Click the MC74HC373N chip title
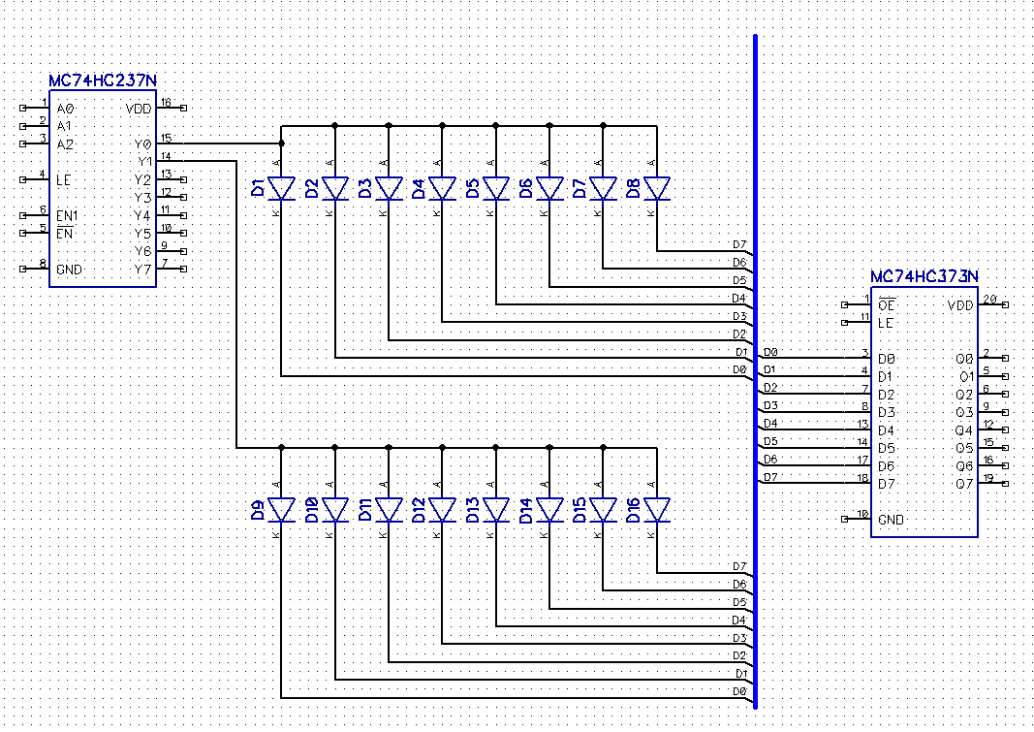tap(924, 277)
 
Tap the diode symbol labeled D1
tap(281, 188)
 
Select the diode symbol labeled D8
tap(657, 188)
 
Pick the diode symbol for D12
tap(442, 509)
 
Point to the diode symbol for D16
tap(657, 509)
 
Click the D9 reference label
tap(258, 511)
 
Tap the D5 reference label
tap(472, 188)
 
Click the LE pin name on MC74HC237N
tap(63, 179)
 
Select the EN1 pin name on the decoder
tap(67, 215)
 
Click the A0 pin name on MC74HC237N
tap(65, 109)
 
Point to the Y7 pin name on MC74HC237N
tap(143, 269)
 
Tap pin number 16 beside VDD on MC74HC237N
tap(166, 103)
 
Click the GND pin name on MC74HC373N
tap(891, 520)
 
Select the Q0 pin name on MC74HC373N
tap(963, 359)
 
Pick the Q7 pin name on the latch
tap(963, 484)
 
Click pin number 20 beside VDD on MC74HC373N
tap(988, 300)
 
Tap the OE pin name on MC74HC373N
tap(886, 305)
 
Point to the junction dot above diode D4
tap(442, 125)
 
